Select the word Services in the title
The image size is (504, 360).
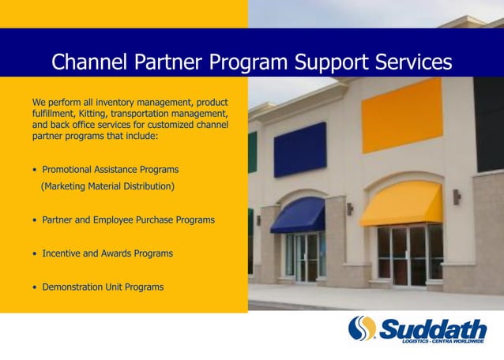[x=409, y=62]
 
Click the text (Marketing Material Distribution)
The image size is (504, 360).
[x=107, y=186]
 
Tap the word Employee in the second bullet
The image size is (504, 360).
[x=125, y=220]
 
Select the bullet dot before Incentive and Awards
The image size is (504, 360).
[x=35, y=254]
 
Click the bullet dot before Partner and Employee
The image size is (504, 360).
[x=35, y=220]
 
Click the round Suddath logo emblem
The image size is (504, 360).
[x=363, y=328]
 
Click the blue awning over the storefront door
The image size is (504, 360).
[x=299, y=215]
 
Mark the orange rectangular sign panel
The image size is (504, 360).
[x=402, y=114]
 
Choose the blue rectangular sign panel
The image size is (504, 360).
[x=300, y=149]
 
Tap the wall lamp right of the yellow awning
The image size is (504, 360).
[x=457, y=196]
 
